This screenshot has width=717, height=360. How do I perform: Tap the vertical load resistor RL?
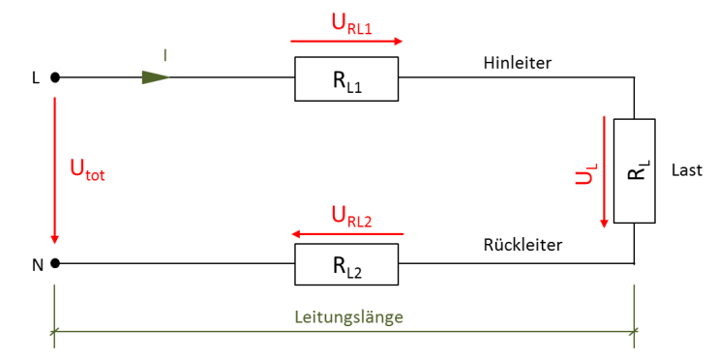tap(635, 170)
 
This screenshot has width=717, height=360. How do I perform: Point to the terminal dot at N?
tap(55, 262)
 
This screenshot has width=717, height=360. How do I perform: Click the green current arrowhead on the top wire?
tap(155, 77)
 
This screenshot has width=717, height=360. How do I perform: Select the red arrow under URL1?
tap(346, 42)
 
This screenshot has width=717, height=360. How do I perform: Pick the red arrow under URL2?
tap(346, 234)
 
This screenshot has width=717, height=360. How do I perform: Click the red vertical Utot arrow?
tap(55, 169)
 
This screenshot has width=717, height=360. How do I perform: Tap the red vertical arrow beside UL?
tap(605, 171)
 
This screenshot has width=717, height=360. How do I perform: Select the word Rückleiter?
tap(523, 245)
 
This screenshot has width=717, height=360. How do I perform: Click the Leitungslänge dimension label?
tap(350, 316)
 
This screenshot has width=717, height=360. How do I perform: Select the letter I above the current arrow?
tap(164, 56)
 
